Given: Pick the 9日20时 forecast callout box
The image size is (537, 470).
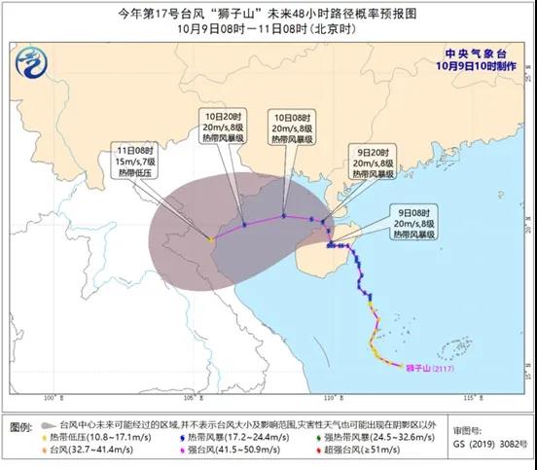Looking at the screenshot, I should [x=376, y=163].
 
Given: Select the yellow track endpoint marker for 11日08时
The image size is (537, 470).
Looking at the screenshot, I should [x=211, y=236].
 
